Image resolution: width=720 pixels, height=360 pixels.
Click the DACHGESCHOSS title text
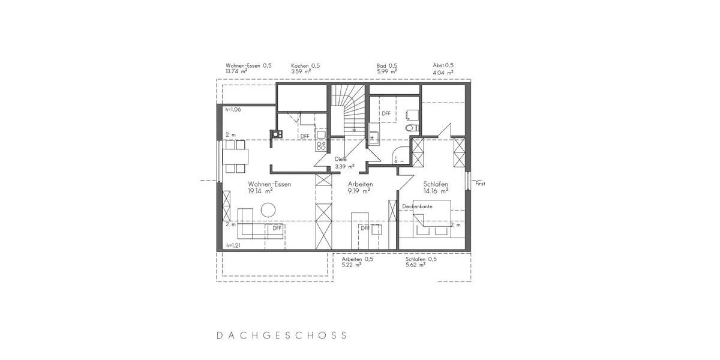(x=281, y=335)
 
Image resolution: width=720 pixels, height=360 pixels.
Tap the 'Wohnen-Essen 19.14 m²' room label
(x=269, y=188)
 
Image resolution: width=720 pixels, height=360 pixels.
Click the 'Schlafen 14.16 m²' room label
(x=436, y=188)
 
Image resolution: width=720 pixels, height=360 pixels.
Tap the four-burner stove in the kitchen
(x=321, y=145)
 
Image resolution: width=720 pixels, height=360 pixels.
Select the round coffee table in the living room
(x=267, y=210)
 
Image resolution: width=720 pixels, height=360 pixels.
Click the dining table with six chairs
(x=236, y=155)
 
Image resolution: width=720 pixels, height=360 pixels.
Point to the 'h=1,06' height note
(x=233, y=110)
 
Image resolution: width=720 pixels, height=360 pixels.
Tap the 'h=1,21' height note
(x=233, y=246)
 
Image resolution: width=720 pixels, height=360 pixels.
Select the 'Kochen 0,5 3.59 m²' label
(x=305, y=68)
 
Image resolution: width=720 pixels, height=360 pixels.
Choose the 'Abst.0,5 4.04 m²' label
(x=443, y=68)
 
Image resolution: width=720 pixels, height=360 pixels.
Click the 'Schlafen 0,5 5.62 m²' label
(x=421, y=262)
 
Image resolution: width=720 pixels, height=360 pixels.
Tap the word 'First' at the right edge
(x=480, y=184)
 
